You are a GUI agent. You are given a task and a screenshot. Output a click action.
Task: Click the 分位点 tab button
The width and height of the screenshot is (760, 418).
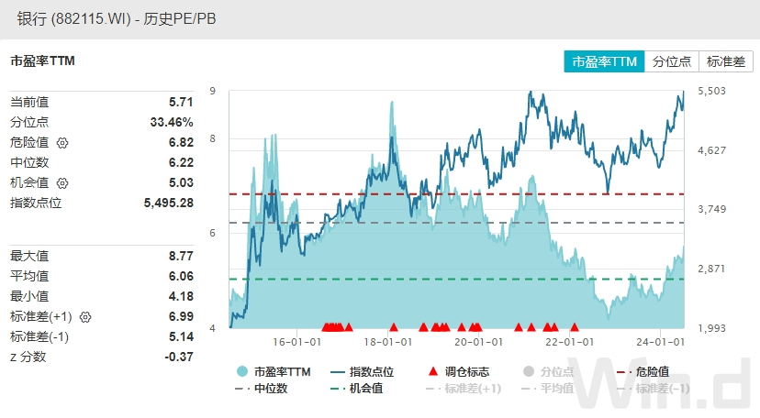pos(671,61)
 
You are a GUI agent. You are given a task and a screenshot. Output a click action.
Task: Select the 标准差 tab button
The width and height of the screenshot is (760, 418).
pos(726,61)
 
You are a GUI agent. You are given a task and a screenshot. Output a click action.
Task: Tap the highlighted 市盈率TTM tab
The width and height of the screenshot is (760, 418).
pos(604,61)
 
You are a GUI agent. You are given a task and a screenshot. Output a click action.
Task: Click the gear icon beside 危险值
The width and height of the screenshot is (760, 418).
pos(62,143)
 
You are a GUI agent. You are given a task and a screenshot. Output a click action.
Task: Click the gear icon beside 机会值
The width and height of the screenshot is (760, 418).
pos(62,183)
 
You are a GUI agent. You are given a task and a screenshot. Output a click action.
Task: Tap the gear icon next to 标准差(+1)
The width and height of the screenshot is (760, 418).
pos(86,317)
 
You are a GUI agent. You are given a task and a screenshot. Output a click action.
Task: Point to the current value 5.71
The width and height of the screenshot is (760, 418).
pos(181,103)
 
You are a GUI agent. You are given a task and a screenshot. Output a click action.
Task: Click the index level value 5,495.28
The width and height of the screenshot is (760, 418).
pos(169,203)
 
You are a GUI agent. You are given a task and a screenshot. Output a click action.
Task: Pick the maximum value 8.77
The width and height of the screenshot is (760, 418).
pos(181,257)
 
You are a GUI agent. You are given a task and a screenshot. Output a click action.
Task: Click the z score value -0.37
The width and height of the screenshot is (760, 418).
pos(178,357)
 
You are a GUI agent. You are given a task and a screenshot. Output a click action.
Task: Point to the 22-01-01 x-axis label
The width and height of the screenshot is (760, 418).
pos(571,342)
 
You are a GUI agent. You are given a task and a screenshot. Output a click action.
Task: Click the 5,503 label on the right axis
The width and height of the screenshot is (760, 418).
pos(711,91)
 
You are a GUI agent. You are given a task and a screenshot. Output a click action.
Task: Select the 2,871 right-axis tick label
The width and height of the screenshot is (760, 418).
pos(711,269)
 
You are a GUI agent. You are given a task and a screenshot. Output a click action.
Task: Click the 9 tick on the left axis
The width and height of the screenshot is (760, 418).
pos(212,91)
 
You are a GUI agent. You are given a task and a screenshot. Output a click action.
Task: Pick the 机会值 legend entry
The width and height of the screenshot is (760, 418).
pos(355,389)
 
